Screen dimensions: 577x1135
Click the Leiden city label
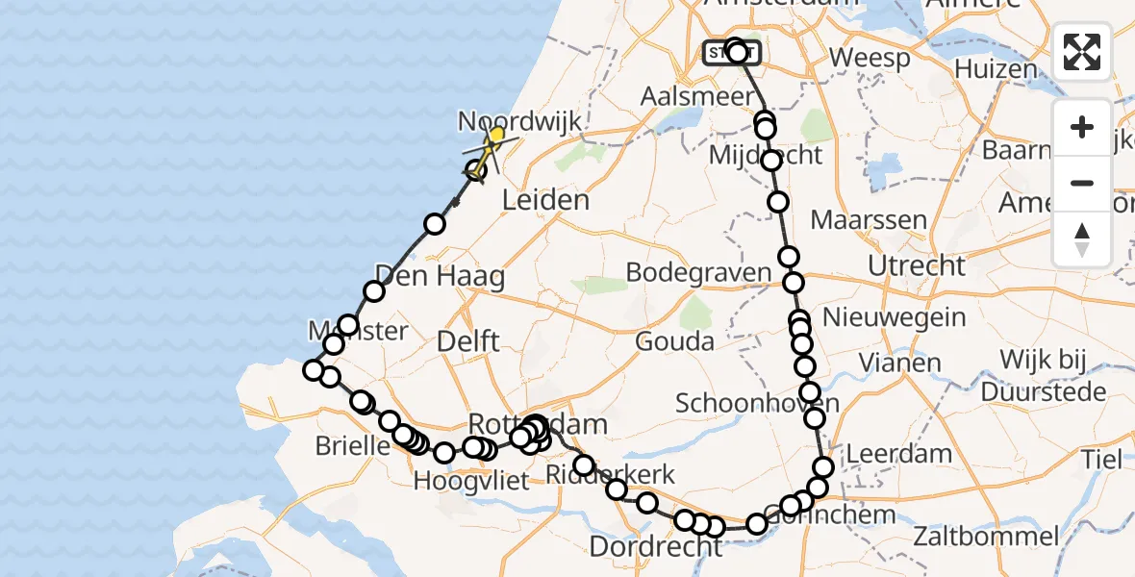pyautogui.click(x=545, y=200)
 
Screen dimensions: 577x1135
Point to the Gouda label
pyautogui.click(x=674, y=341)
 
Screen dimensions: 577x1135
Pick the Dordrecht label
pyautogui.click(x=654, y=547)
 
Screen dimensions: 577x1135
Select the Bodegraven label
pyautogui.click(x=698, y=273)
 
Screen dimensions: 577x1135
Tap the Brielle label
pyautogui.click(x=351, y=446)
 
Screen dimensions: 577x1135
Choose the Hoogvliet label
pyautogui.click(x=471, y=480)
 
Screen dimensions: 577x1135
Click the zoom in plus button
pyautogui.click(x=1082, y=127)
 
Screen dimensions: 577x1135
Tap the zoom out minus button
pyautogui.click(x=1082, y=183)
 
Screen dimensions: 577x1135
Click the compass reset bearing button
pyautogui.click(x=1082, y=238)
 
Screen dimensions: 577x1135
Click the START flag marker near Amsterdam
pyautogui.click(x=732, y=52)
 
